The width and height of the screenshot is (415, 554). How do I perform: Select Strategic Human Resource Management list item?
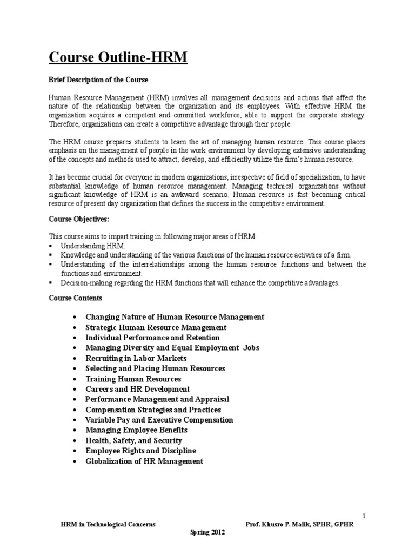pos(156,327)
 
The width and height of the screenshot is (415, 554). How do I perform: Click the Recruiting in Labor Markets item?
pos(136,358)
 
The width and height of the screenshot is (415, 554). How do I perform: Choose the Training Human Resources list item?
pos(133,379)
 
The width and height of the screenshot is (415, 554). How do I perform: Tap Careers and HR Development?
pos(137,389)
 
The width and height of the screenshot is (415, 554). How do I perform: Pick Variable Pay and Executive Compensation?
pos(159,420)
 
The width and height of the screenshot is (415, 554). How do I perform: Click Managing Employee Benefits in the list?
pos(136,430)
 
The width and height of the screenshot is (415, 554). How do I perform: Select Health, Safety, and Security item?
pos(133,440)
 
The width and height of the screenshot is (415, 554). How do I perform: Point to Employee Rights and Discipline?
pos(140,451)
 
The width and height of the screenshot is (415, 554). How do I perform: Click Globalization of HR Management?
pos(144,461)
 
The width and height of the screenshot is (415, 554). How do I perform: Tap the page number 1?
pos(364,516)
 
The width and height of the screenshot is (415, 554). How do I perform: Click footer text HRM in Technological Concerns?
pos(107,524)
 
